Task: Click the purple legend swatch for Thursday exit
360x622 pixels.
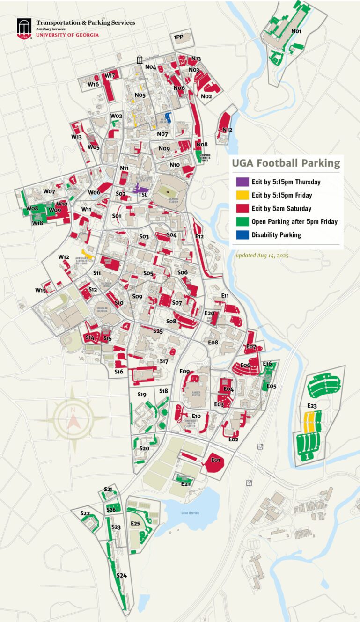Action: point(242,182)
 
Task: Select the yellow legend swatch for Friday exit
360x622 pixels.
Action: point(242,195)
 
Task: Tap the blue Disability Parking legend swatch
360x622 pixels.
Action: point(242,235)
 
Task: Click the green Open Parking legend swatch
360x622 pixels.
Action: point(242,221)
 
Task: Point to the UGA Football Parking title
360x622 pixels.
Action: point(285,163)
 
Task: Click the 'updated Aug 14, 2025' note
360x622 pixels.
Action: point(262,256)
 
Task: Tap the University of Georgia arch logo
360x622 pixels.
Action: point(24,29)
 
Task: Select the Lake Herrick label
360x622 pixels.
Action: point(191,513)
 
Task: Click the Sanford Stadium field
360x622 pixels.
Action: point(167,190)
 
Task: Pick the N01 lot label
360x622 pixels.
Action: point(296,32)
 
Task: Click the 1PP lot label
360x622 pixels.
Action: point(178,37)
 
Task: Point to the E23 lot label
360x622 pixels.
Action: point(312,405)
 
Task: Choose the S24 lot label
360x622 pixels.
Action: point(122,575)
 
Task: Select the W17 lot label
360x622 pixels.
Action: point(110,75)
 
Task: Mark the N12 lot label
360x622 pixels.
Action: point(228,130)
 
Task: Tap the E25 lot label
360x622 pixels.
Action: point(136,523)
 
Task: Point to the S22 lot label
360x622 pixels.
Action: point(85,513)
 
